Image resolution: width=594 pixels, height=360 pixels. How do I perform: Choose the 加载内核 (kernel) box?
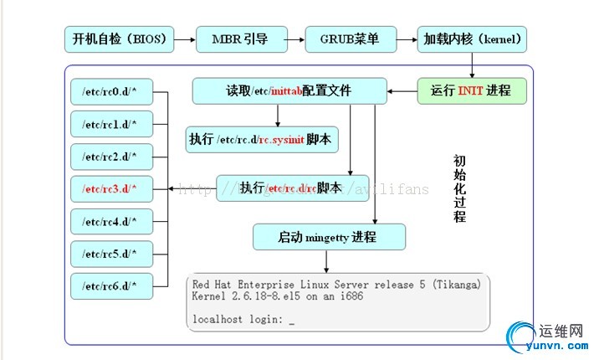tap(473, 39)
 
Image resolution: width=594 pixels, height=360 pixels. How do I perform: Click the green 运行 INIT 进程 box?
tap(472, 90)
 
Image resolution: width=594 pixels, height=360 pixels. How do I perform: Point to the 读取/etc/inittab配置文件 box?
tap(289, 90)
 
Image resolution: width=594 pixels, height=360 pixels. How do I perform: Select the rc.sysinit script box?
tap(263, 139)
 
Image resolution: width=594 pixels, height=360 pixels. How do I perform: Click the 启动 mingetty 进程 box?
tap(329, 237)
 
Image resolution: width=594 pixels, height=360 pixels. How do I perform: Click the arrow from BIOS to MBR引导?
tap(185, 39)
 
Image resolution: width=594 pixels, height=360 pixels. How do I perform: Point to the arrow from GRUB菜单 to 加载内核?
tap(407, 39)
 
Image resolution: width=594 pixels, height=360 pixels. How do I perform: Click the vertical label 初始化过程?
tap(459, 188)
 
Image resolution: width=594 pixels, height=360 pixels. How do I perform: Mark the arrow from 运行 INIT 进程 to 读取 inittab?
tap(402, 90)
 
